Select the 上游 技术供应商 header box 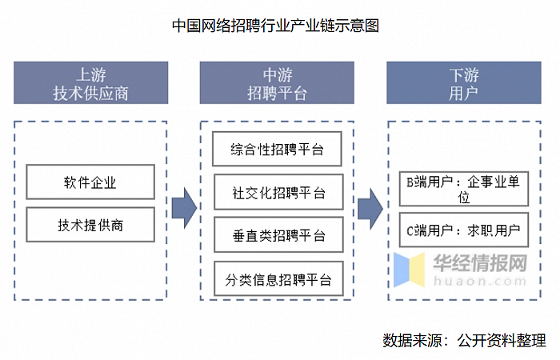pyautogui.click(x=90, y=83)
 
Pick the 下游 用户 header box pyautogui.click(x=464, y=83)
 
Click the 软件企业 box pyautogui.click(x=90, y=182)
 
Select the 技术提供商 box pyautogui.click(x=90, y=225)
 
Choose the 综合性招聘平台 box pyautogui.click(x=278, y=150)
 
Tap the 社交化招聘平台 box pyautogui.click(x=278, y=192)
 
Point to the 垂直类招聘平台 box pyautogui.click(x=278, y=235)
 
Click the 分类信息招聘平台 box pyautogui.click(x=278, y=279)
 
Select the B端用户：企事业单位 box pyautogui.click(x=463, y=190)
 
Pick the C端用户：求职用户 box pyautogui.click(x=463, y=232)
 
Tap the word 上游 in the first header pyautogui.click(x=90, y=74)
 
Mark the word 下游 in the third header pyautogui.click(x=464, y=74)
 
